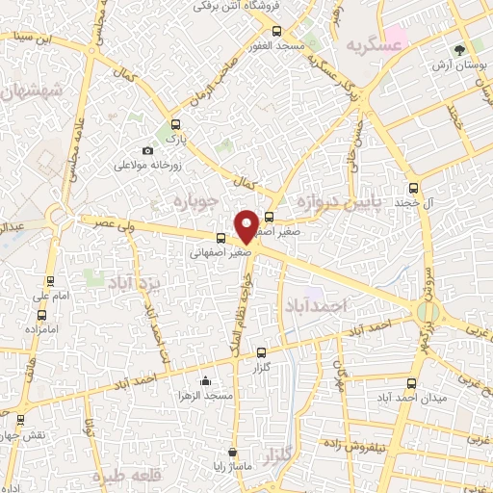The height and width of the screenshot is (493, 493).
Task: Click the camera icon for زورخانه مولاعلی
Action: point(147,151)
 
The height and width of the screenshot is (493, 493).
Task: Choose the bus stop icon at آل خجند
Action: point(414,189)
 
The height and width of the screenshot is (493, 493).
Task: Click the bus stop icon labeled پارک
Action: point(174,124)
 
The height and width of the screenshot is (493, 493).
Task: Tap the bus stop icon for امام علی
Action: point(50,281)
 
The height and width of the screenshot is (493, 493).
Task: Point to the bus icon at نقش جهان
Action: point(20,420)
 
